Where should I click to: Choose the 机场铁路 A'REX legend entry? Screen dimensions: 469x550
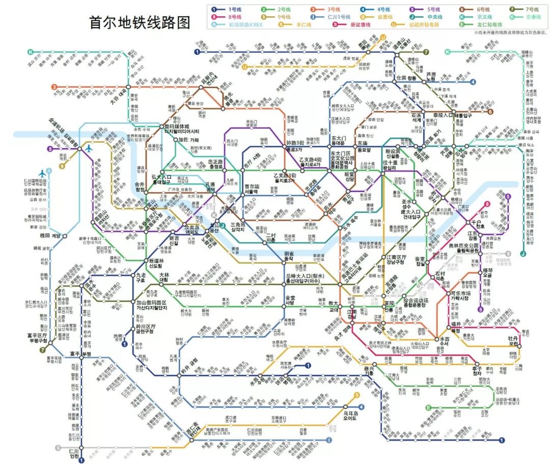pyautogui.click(x=241, y=24)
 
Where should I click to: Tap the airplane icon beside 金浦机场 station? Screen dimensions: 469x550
pyautogui.click(x=91, y=149)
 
